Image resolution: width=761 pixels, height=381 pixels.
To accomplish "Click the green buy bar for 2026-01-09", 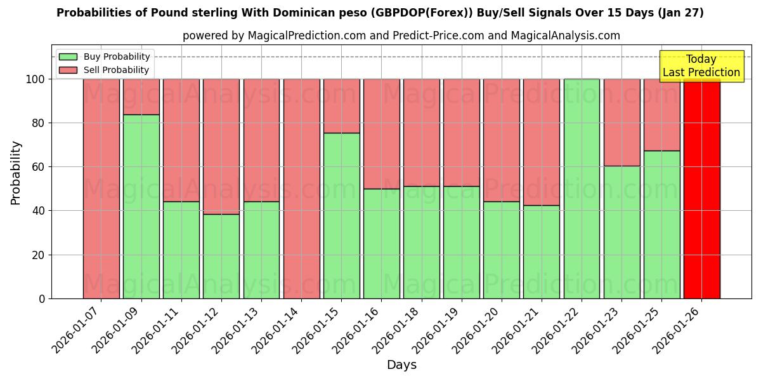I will point(141,206).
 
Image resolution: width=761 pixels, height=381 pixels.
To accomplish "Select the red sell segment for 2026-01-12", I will point(221,146).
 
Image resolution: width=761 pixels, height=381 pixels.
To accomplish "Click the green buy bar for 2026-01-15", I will point(341,216).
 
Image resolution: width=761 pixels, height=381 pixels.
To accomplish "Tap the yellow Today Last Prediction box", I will point(701,66).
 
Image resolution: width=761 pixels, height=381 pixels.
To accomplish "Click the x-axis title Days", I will point(401,365).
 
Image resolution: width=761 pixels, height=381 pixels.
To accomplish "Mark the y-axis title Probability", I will point(16,173).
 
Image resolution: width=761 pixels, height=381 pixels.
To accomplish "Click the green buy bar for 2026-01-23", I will point(621,232).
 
